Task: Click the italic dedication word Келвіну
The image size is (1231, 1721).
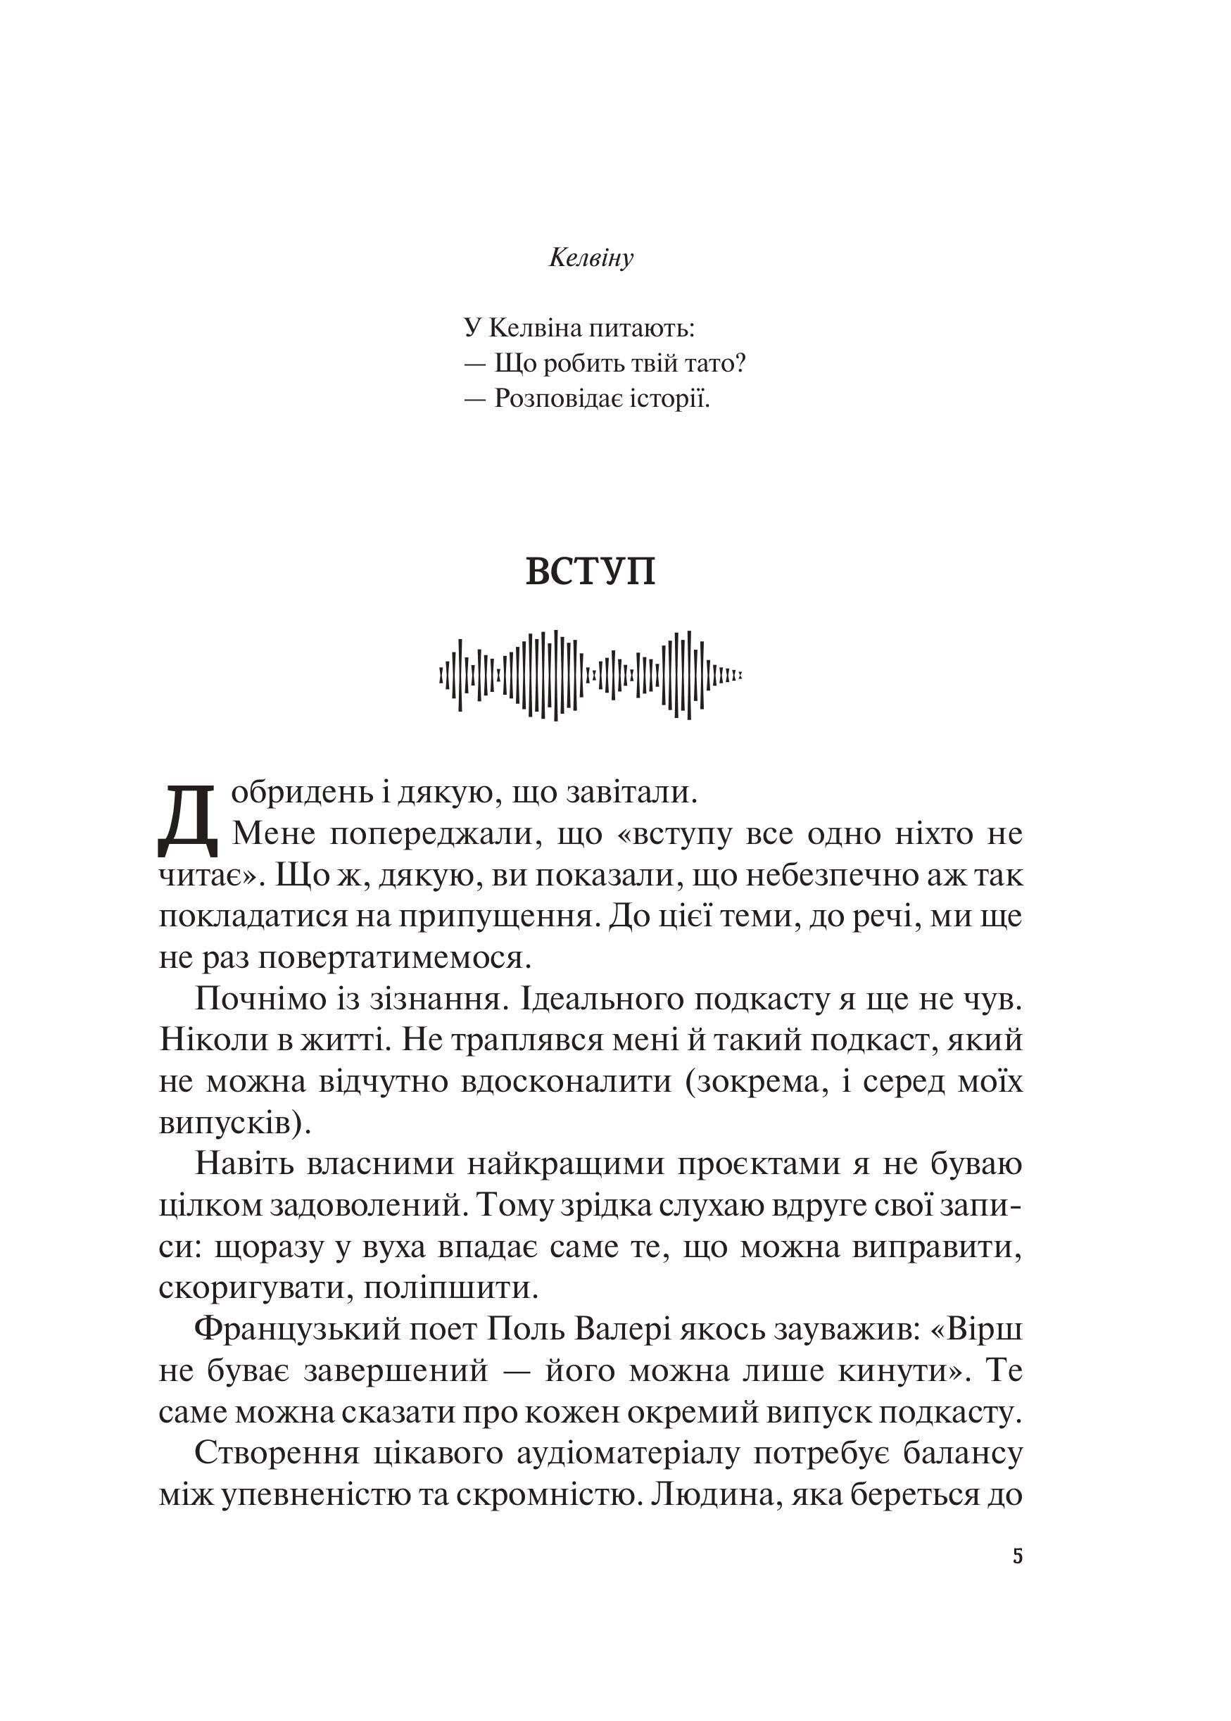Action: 591,258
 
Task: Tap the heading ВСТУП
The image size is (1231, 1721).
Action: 591,572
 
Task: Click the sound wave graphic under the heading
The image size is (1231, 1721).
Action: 591,674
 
